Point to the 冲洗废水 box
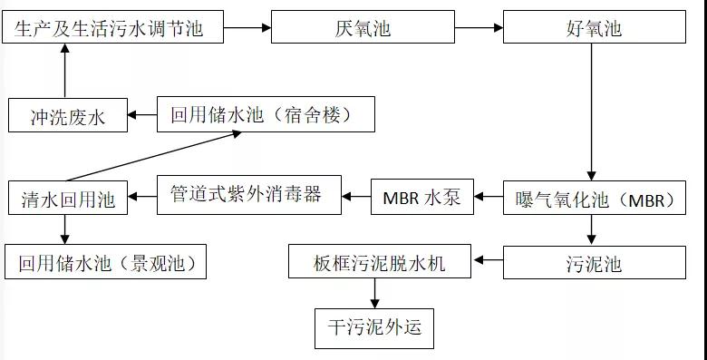[68, 115]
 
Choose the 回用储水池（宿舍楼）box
[266, 114]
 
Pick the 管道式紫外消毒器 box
[250, 195]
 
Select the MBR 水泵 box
[421, 197]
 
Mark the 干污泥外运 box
[374, 328]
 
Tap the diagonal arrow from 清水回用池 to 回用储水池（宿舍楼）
[154, 155]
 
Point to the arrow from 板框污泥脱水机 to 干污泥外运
[373, 293]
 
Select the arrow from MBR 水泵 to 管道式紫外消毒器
[357, 194]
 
